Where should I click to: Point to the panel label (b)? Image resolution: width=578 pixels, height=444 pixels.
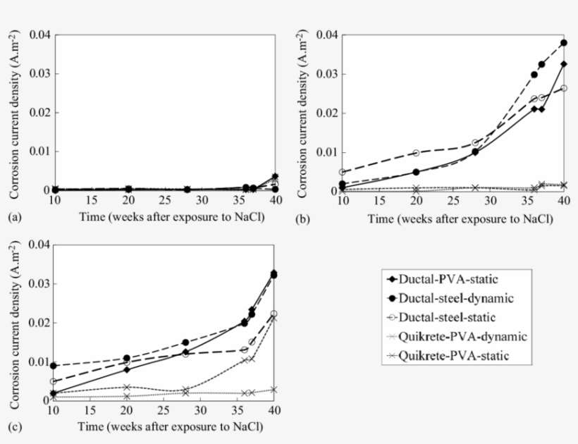coord(303,218)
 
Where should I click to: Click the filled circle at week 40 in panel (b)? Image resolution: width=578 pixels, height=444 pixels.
coord(564,43)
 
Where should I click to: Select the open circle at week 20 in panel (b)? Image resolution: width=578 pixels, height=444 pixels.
coord(416,153)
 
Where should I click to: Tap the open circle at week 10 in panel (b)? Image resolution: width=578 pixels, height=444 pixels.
coord(342,172)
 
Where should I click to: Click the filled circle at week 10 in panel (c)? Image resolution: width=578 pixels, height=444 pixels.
coord(53,365)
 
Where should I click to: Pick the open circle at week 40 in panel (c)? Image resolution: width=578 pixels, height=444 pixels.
coord(274,314)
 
